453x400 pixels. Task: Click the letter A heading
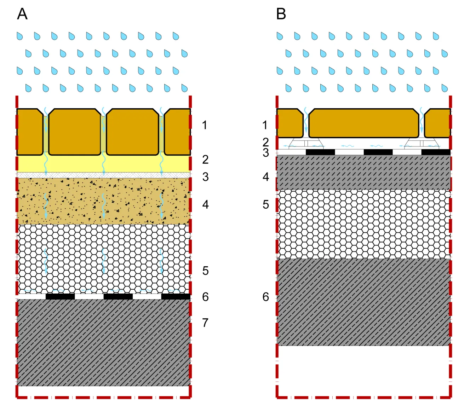click(x=22, y=14)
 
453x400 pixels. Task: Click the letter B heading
click(x=281, y=14)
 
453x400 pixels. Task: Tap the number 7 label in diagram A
click(x=205, y=323)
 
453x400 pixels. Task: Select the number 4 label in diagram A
click(x=205, y=204)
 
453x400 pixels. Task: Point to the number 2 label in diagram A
click(x=205, y=160)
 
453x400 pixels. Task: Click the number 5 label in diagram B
click(x=266, y=204)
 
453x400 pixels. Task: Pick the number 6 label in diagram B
click(x=266, y=297)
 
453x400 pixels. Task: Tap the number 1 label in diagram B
click(x=265, y=125)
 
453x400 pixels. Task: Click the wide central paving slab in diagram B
click(x=364, y=123)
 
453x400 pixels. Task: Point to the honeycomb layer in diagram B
click(x=364, y=224)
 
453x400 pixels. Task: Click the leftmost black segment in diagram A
click(x=60, y=296)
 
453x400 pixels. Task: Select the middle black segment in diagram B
click(x=378, y=152)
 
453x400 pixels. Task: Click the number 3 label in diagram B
click(x=266, y=153)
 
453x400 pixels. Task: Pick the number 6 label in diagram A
click(x=205, y=297)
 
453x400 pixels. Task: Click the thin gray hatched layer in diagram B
click(x=364, y=172)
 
